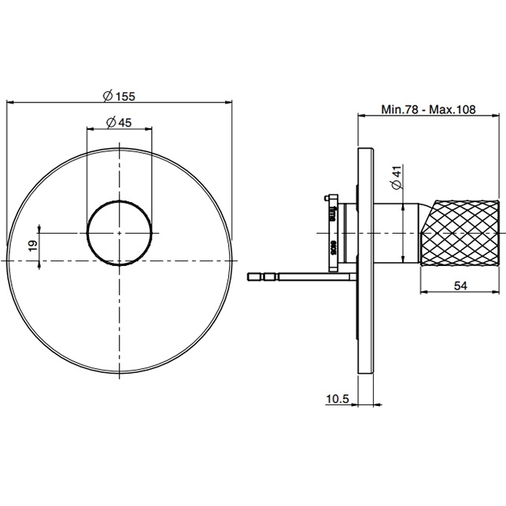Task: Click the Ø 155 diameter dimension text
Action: click(x=120, y=96)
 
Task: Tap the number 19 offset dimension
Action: click(x=31, y=246)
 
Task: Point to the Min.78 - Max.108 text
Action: click(x=430, y=110)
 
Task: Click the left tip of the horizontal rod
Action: click(x=250, y=276)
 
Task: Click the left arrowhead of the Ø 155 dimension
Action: click(x=9, y=102)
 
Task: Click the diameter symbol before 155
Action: click(x=106, y=96)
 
